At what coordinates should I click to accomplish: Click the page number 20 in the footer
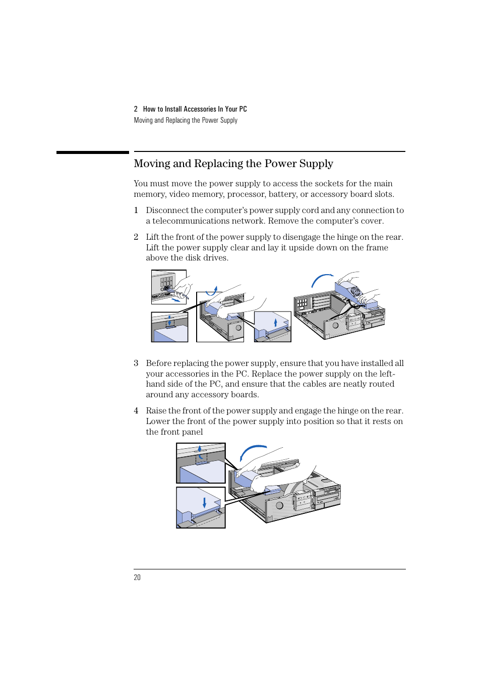point(137,578)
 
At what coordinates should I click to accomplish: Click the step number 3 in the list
point(136,363)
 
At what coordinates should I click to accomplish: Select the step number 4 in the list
point(136,411)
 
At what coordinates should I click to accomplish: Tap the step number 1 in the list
point(136,211)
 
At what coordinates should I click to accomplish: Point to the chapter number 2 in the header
point(136,109)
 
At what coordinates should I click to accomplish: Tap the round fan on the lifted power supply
point(355,291)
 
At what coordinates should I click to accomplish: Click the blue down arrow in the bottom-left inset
point(204,502)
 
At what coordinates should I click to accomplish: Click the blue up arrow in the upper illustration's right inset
point(275,322)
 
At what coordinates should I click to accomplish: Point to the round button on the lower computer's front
point(279,505)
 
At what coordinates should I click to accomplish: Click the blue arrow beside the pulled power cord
point(175,300)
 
